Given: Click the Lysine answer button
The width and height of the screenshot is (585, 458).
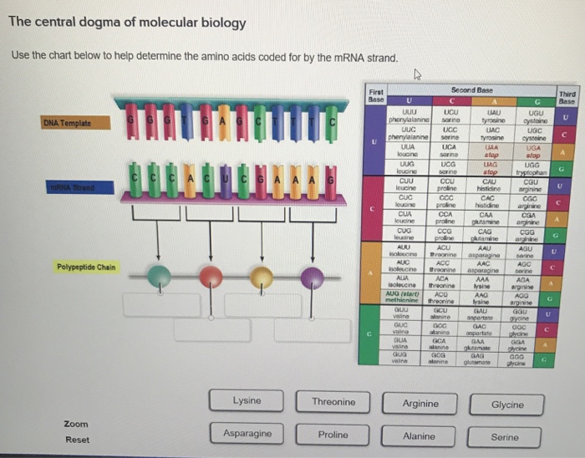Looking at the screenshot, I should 247,401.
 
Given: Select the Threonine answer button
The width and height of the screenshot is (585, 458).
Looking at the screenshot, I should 333,402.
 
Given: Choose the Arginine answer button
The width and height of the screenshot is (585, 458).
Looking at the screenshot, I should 420,403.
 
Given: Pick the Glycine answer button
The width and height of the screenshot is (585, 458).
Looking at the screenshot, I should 506,405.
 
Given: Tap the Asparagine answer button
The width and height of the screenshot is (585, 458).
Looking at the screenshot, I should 247,434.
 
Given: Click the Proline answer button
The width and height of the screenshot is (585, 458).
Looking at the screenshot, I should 333,435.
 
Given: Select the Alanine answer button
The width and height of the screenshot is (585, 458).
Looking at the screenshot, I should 420,436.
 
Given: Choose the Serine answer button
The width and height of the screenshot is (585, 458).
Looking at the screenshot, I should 505,436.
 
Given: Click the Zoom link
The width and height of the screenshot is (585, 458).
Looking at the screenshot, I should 76,425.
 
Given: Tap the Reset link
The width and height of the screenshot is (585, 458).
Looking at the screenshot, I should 78,440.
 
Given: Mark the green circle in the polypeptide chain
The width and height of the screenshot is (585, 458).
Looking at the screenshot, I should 156,275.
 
